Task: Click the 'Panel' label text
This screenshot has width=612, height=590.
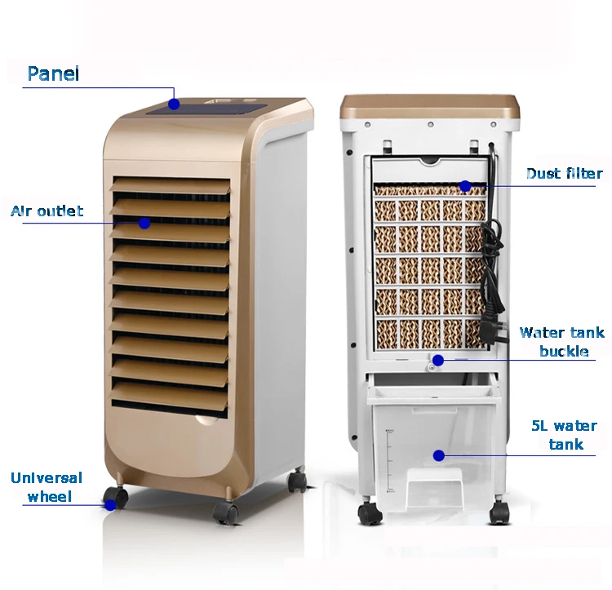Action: click(53, 74)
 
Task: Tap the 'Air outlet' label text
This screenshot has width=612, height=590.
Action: click(47, 211)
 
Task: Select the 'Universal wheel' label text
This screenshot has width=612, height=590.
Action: click(46, 486)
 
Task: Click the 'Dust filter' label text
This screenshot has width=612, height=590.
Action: click(564, 174)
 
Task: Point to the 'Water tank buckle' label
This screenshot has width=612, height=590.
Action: click(562, 341)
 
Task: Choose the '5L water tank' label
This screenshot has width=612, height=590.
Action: click(564, 435)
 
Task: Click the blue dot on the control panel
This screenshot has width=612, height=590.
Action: click(174, 104)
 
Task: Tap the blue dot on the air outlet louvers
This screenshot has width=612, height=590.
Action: click(144, 222)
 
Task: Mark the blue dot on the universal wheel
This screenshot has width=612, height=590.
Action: click(109, 503)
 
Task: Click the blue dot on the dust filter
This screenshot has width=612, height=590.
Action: click(465, 186)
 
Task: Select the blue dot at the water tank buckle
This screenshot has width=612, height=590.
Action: click(438, 360)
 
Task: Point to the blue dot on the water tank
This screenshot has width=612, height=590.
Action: click(438, 455)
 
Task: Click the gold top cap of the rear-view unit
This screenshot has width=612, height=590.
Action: click(430, 106)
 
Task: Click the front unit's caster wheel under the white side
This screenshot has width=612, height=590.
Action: click(298, 481)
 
